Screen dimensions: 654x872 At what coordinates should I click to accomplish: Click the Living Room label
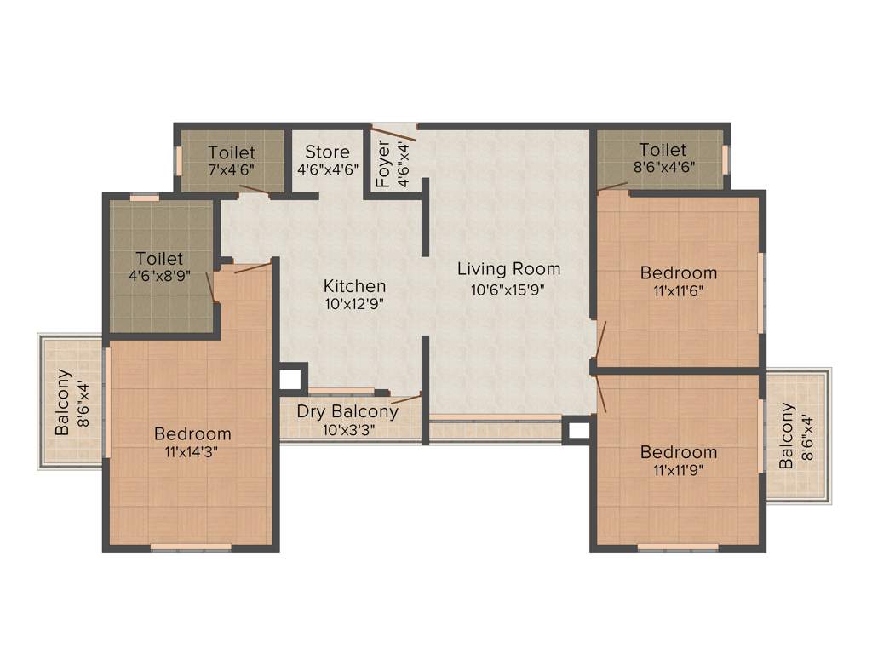(508, 269)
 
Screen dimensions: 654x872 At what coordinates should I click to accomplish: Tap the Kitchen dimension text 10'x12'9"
(354, 304)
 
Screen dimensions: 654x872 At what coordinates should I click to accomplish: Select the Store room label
(328, 152)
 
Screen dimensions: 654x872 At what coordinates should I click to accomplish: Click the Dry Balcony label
(347, 412)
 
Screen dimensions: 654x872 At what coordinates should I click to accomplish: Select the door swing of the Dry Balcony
(406, 399)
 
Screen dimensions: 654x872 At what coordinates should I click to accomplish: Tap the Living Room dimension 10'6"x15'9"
(508, 289)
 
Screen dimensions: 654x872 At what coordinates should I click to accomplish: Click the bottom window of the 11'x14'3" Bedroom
(191, 548)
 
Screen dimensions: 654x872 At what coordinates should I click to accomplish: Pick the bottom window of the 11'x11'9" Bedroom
(678, 548)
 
